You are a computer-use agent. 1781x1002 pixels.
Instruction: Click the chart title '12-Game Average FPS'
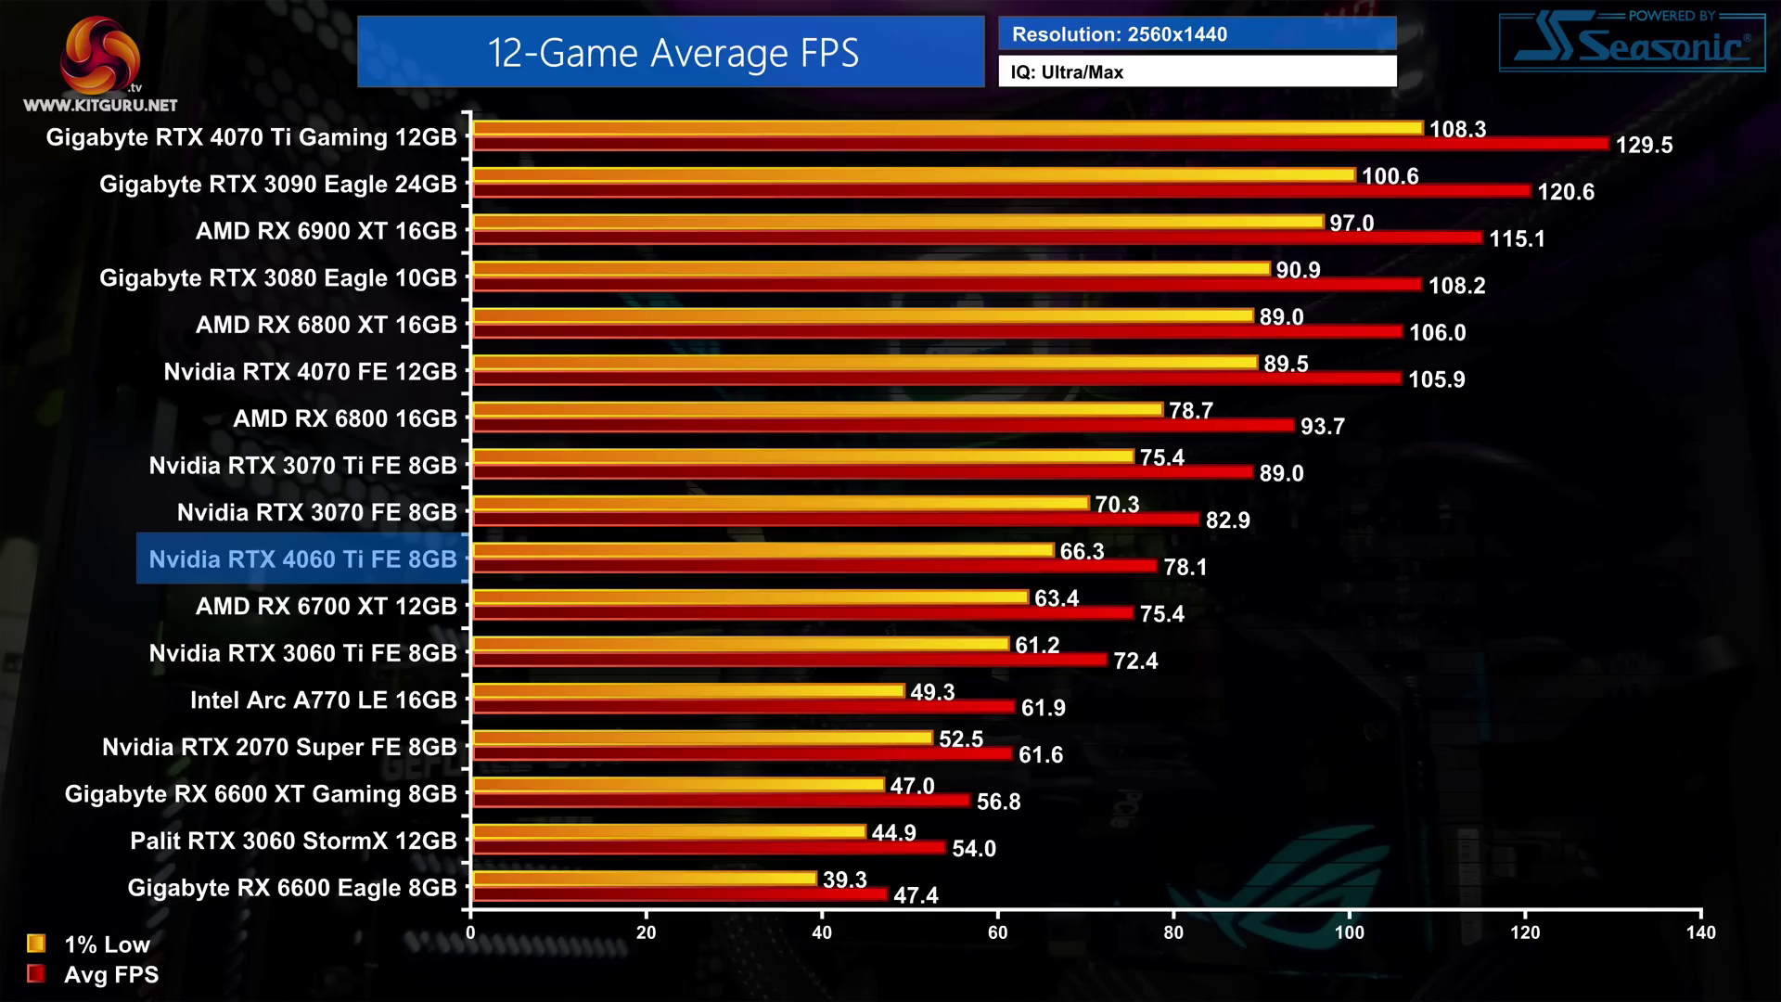(x=672, y=53)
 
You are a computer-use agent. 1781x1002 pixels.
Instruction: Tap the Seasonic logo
(x=1633, y=43)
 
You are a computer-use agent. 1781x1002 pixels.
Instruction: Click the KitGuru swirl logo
(x=99, y=55)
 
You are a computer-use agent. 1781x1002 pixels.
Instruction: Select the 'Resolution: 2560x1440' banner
(x=1197, y=34)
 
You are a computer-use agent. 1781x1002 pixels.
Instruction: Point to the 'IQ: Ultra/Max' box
(x=1197, y=71)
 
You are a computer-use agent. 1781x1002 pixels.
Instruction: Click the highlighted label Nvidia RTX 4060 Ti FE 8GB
(x=302, y=559)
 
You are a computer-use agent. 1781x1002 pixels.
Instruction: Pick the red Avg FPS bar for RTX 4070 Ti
(x=1039, y=144)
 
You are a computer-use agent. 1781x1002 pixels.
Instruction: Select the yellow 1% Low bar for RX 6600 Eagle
(x=644, y=878)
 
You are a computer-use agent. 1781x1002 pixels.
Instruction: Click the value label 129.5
(x=1644, y=146)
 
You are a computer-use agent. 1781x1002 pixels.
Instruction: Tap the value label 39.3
(x=844, y=880)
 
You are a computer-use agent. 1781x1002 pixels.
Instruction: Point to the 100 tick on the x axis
(x=1349, y=932)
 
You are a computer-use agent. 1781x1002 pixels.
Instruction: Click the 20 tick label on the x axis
(x=646, y=932)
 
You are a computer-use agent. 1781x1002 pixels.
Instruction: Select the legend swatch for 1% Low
(x=36, y=944)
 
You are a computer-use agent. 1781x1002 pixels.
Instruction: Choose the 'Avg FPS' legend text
(x=111, y=975)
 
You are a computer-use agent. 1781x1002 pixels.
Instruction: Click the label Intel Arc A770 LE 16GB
(x=323, y=700)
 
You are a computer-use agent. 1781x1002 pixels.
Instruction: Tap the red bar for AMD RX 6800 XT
(x=937, y=331)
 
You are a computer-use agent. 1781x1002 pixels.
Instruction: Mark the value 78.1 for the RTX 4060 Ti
(x=1185, y=567)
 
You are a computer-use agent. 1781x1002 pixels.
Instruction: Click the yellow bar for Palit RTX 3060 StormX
(x=668, y=831)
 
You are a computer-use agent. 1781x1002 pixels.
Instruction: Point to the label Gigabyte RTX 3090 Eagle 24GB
(x=277, y=185)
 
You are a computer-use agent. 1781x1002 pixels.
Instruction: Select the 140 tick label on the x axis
(x=1700, y=932)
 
